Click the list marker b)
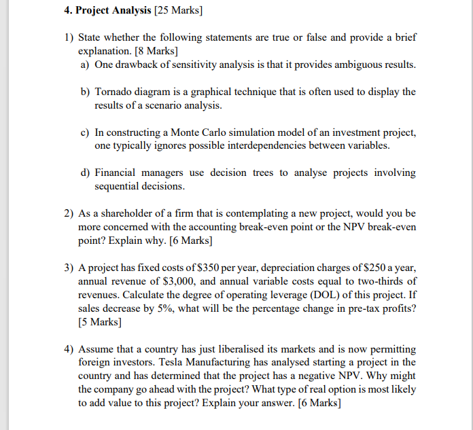(x=84, y=92)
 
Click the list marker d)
(x=84, y=173)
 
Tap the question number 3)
(x=69, y=267)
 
